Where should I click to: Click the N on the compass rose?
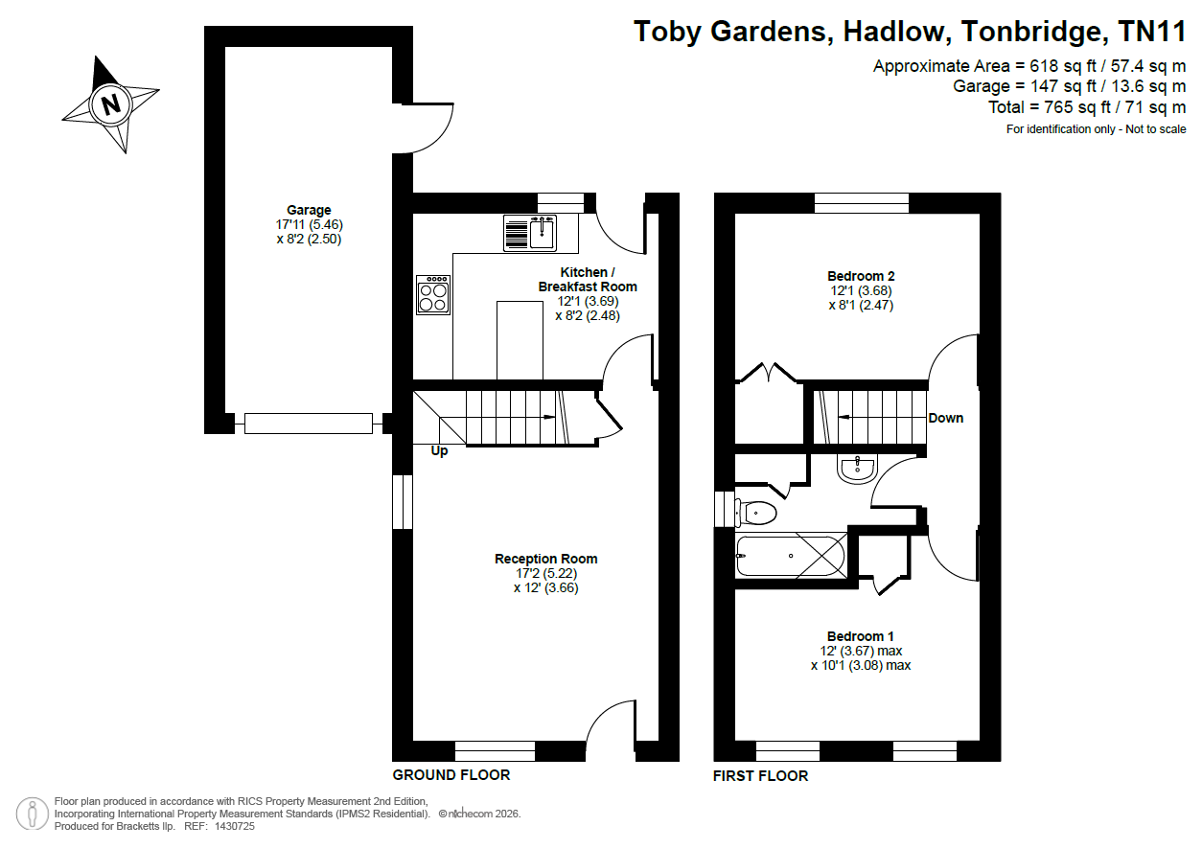point(110,104)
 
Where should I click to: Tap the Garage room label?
point(309,210)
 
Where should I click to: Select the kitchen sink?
point(530,233)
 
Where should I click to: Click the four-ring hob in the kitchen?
point(433,295)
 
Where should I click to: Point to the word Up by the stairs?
point(439,451)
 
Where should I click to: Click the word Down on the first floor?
point(945,419)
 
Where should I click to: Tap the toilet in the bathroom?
point(755,514)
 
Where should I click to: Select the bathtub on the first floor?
point(791,556)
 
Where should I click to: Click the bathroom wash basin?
point(857,470)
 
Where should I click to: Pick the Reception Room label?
point(545,559)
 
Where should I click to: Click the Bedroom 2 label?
point(861,276)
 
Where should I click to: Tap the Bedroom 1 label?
point(860,636)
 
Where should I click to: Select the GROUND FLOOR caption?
point(451,775)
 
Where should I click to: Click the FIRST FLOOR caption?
point(760,776)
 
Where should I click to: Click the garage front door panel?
point(309,424)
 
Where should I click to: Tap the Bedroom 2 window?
point(862,203)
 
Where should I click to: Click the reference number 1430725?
point(235,826)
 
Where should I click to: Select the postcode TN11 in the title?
point(1152,32)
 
